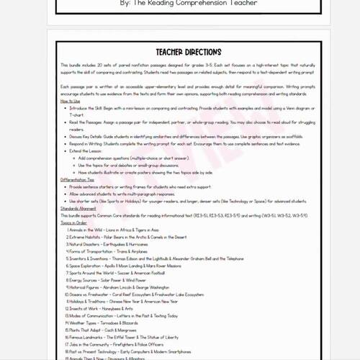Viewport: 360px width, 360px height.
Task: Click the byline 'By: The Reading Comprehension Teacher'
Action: pos(180,4)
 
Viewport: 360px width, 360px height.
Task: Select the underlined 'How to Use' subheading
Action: pos(71,102)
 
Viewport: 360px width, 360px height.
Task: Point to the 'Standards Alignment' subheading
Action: pos(81,208)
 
